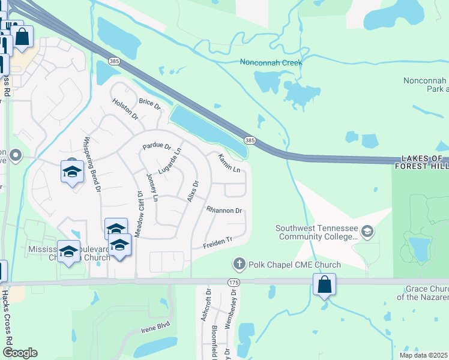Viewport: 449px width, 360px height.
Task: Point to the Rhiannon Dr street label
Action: coord(224,211)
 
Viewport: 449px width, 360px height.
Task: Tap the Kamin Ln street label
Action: coord(229,162)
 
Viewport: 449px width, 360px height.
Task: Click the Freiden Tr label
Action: coord(217,242)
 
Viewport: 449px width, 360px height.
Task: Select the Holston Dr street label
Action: coord(125,108)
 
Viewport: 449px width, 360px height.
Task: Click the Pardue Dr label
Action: coord(157,146)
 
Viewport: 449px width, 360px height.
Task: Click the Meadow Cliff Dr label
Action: coord(137,214)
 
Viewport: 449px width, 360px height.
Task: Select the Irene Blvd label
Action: coord(156,328)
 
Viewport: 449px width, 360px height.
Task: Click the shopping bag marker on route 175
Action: coord(324,284)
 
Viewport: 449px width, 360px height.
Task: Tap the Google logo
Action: coord(20,353)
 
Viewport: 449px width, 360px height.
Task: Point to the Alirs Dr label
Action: coord(193,191)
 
